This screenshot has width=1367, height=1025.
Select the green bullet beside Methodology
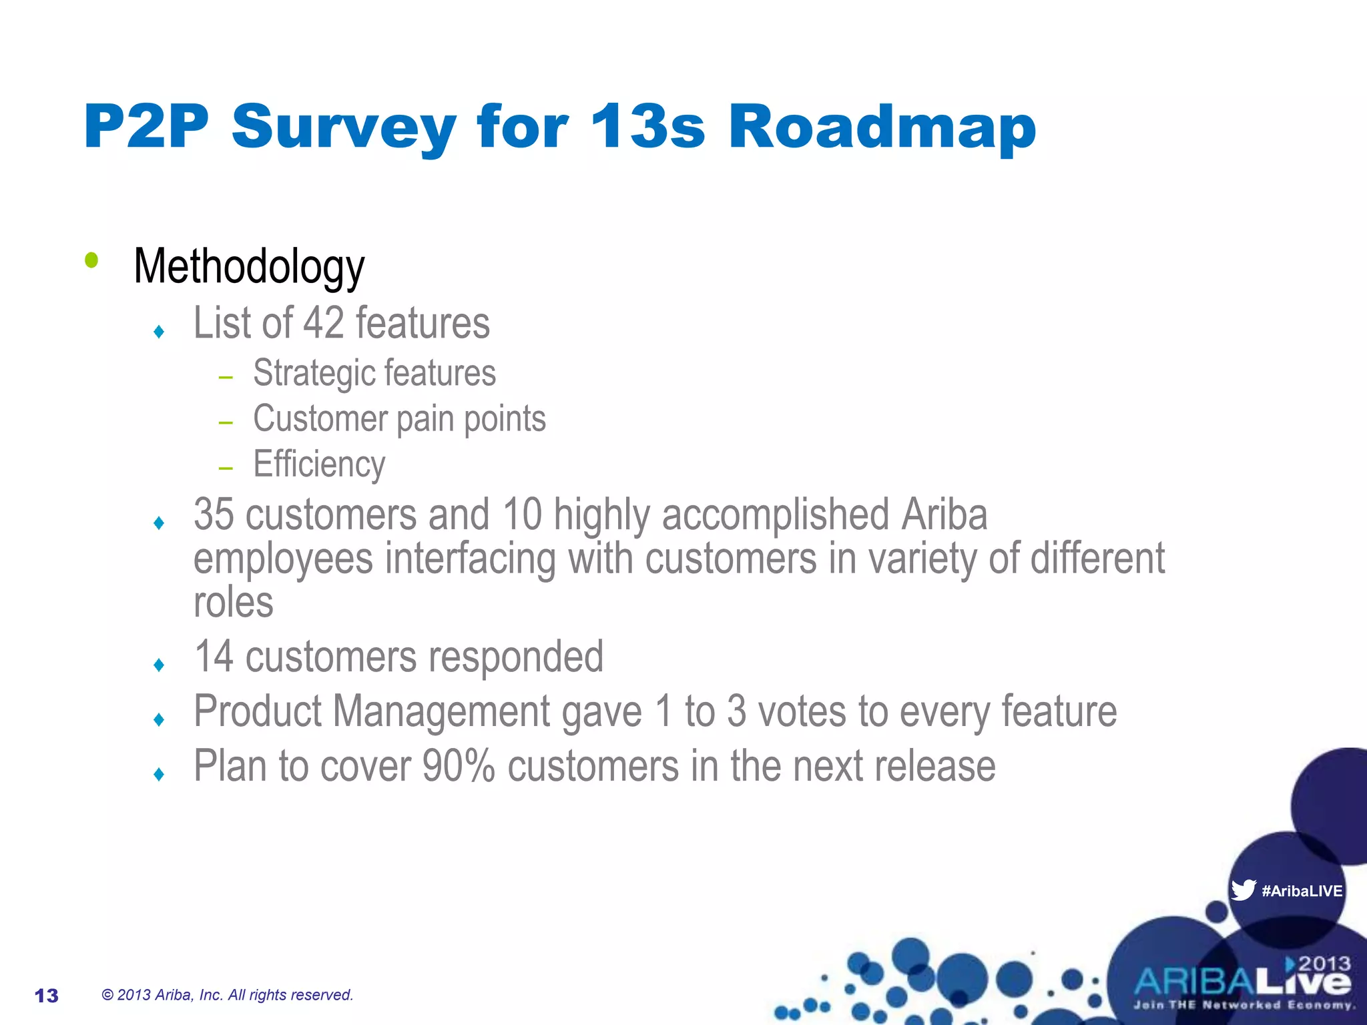point(91,260)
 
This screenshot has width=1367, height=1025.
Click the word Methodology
point(249,267)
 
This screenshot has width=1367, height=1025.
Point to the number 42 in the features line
point(324,323)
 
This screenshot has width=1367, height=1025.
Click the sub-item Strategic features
point(374,373)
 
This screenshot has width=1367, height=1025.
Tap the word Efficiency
point(319,464)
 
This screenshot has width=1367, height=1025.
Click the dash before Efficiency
point(226,468)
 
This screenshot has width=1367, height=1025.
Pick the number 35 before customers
point(214,515)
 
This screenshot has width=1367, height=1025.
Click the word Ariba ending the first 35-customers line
point(944,515)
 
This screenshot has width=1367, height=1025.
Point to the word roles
point(234,603)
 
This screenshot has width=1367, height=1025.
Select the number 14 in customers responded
point(214,657)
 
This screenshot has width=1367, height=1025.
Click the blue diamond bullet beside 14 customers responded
point(159,665)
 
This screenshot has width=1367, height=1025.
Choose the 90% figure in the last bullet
point(459,766)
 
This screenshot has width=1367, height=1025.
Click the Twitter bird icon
point(1243,890)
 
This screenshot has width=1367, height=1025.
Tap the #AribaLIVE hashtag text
point(1302,891)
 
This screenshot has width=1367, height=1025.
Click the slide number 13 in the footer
point(47,996)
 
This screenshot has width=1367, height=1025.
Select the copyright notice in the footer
point(227,995)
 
